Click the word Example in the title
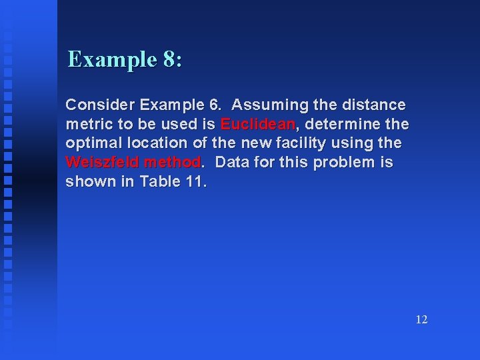pos(112,60)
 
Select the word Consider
pos(99,105)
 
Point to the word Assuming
pos(269,105)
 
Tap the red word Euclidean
pos(257,124)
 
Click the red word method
pos(172,162)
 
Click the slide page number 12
pos(421,320)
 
